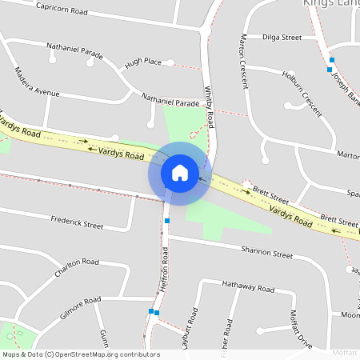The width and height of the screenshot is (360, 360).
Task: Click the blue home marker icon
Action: click(180, 172)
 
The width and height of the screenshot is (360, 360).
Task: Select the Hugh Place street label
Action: click(143, 62)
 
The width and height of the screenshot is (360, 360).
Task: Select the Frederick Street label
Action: click(77, 222)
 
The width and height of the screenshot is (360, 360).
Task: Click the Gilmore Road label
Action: click(80, 309)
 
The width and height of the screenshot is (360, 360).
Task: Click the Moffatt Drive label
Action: click(300, 328)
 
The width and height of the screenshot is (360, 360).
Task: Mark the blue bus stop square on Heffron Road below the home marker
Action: click(166, 220)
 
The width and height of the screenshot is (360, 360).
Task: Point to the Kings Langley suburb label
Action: click(331, 3)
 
